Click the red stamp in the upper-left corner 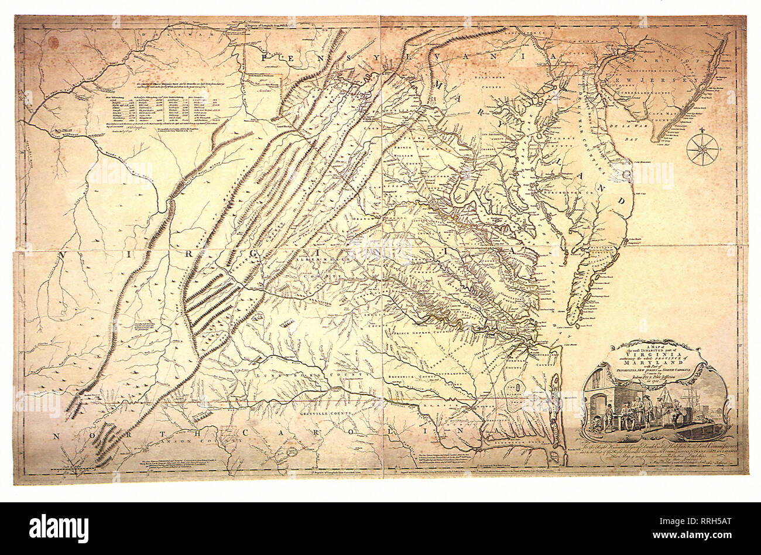click(x=54, y=42)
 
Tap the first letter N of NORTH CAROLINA click(x=57, y=436)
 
